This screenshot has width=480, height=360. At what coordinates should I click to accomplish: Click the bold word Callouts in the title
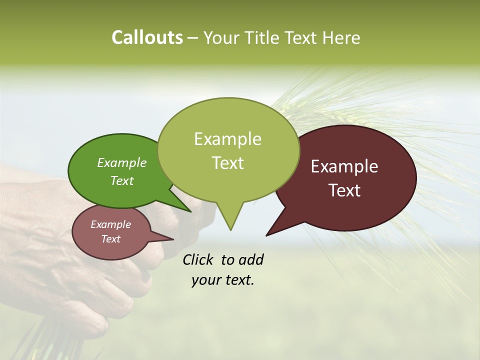point(147,37)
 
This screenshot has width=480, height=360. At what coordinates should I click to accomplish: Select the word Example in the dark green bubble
point(121,162)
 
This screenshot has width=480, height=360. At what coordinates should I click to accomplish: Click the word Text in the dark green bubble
point(121,180)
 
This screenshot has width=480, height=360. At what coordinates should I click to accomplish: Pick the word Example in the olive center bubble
point(227,139)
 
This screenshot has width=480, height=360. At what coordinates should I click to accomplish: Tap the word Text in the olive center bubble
point(227,163)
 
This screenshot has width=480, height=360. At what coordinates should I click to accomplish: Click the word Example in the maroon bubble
point(344,166)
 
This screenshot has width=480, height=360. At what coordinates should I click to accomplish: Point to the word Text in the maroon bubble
point(344,190)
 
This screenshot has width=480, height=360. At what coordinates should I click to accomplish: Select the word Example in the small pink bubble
point(110,224)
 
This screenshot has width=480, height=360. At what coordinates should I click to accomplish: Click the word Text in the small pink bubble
point(110,239)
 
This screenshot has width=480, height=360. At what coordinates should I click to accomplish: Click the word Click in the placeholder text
point(198,259)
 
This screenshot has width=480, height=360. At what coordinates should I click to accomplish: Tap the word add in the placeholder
point(250,259)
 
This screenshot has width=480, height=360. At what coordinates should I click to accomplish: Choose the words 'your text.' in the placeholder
point(222,280)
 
